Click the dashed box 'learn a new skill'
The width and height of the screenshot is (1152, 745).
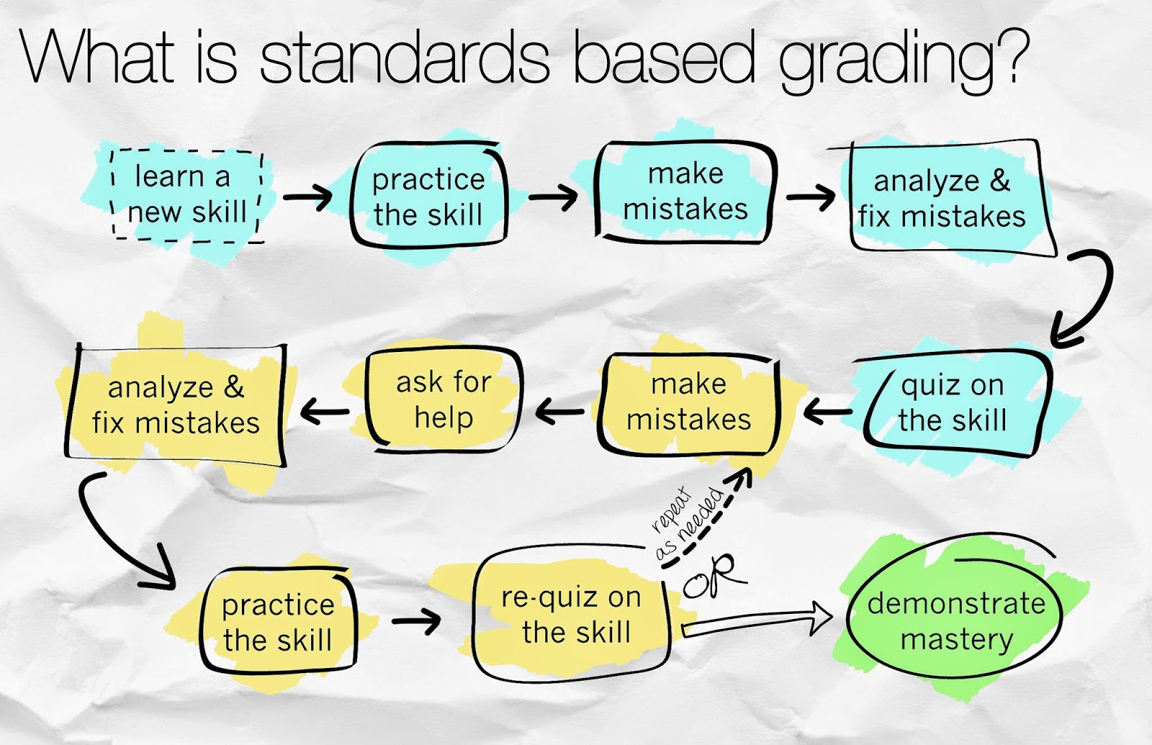pyautogui.click(x=188, y=195)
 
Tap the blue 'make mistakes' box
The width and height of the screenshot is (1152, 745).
pyautogui.click(x=685, y=191)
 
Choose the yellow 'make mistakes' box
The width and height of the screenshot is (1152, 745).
pyautogui.click(x=689, y=404)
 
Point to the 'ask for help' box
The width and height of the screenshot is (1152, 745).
pyautogui.click(x=444, y=400)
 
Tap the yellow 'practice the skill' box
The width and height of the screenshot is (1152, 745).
pyautogui.click(x=278, y=621)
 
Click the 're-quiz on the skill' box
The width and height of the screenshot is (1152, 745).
pyautogui.click(x=571, y=615)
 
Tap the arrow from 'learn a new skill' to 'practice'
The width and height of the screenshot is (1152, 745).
pyautogui.click(x=307, y=197)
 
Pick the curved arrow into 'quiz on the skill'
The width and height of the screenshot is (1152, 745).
pyautogui.click(x=1093, y=298)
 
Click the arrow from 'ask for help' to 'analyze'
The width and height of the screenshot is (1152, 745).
pyautogui.click(x=325, y=411)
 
